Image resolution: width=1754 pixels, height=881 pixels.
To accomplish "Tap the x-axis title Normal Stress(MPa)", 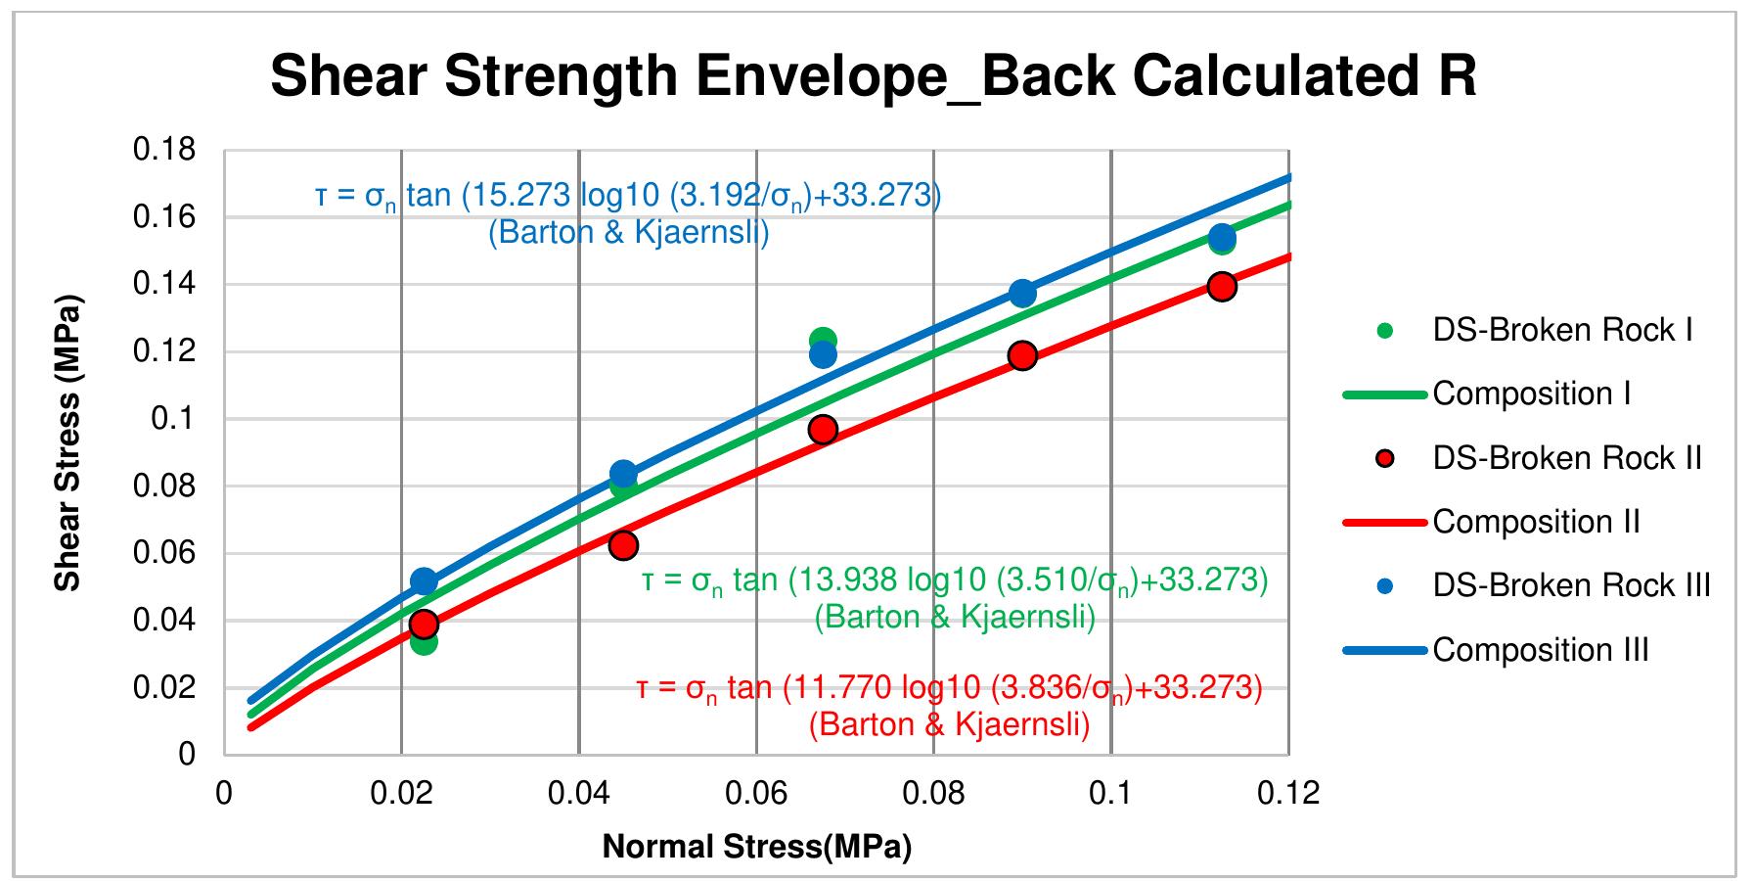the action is [756, 846].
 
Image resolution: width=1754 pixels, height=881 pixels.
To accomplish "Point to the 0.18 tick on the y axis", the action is [164, 150].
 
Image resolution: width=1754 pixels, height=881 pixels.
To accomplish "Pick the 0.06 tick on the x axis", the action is [756, 792].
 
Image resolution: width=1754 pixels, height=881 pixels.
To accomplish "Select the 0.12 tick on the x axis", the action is [1289, 792].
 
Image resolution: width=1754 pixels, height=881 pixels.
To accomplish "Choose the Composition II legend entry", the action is [1492, 522].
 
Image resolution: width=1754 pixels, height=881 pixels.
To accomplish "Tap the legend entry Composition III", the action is [1497, 650].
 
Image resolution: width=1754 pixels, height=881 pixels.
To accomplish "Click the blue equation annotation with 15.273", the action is [628, 214].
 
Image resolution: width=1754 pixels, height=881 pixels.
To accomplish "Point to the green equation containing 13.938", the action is [955, 599].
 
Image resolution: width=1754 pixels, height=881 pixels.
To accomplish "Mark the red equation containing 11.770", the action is [950, 706].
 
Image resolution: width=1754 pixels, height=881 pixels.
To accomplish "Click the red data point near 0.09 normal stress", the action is [1022, 355].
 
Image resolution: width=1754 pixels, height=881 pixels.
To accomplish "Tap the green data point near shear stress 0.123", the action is [823, 341].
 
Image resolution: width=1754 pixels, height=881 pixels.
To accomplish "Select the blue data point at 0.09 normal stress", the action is [1022, 293].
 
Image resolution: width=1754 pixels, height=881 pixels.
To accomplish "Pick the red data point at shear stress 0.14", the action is [1221, 287].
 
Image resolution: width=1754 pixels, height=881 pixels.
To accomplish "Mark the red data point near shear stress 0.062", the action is [623, 545].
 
